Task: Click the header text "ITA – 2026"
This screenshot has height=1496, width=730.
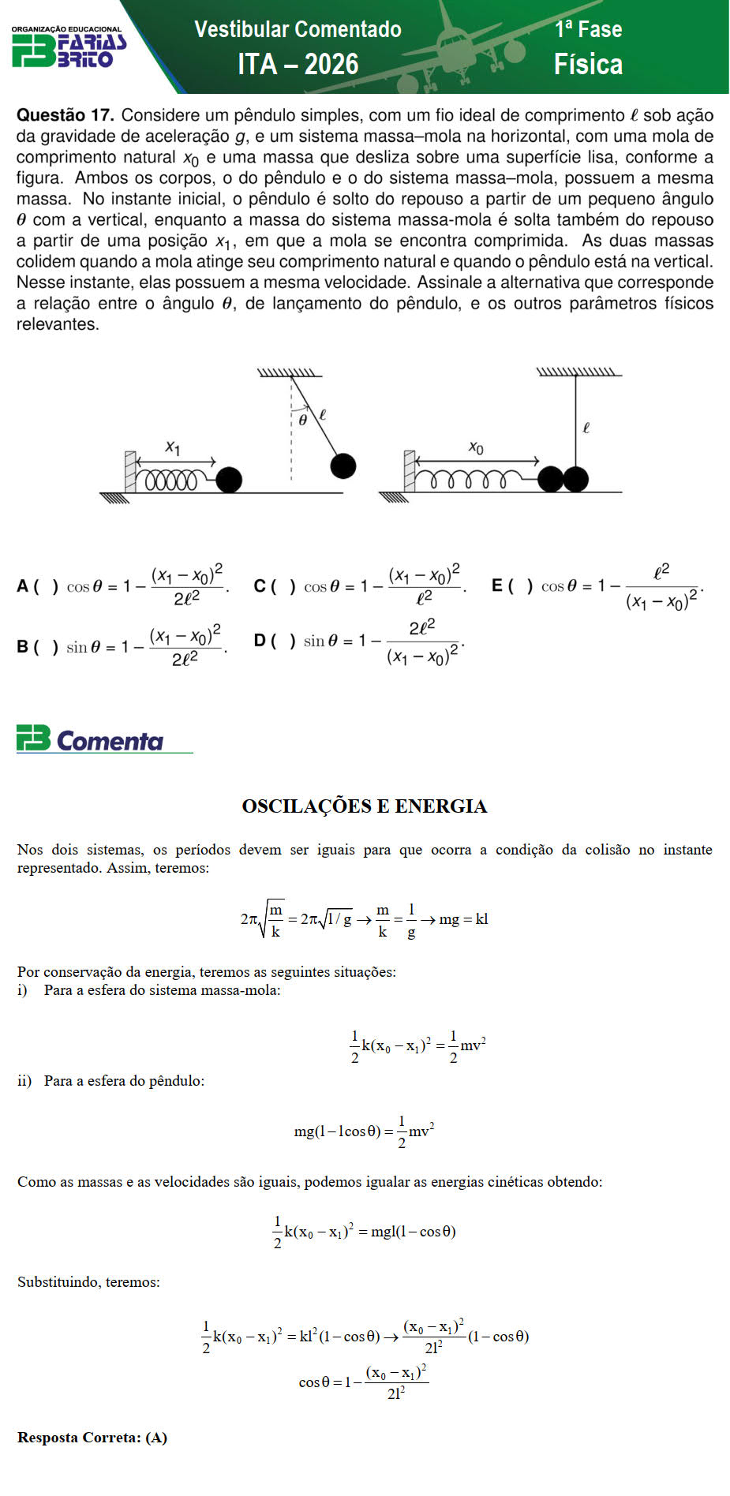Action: coord(298,64)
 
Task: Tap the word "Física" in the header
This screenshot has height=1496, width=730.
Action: coord(588,64)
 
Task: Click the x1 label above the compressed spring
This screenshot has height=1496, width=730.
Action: coord(173,447)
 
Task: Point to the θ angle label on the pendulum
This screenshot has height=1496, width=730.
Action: coord(302,420)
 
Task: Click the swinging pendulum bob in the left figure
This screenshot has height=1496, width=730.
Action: coord(343,466)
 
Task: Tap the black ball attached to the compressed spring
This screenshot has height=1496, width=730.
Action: coord(229,480)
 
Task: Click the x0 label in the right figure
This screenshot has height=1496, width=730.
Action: coord(476,447)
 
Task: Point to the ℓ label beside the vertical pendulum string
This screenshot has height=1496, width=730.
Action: coord(586,428)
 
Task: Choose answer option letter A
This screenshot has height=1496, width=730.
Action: coord(23,586)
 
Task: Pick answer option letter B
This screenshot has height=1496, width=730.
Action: coord(23,647)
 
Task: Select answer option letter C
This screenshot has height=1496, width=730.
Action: coord(260,586)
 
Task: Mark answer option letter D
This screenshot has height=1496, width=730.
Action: coord(260,641)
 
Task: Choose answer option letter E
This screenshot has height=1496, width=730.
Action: coord(497,585)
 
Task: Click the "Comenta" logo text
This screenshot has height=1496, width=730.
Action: coord(110,741)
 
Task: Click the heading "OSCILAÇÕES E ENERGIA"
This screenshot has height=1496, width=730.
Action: coord(365,806)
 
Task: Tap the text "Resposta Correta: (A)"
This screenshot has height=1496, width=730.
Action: coord(92,1437)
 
